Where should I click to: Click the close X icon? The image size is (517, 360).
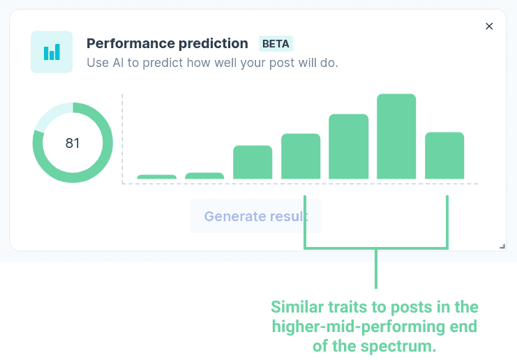pos(489,26)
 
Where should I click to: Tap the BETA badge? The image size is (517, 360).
pos(276,43)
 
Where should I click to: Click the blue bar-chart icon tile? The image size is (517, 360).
pos(52,52)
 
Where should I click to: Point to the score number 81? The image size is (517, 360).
pos(73,143)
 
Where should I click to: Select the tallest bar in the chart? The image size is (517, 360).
pos(396,137)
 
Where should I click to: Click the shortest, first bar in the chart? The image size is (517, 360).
pos(156,177)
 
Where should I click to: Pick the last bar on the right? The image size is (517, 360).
pos(444,156)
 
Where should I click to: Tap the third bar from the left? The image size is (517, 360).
pos(253,162)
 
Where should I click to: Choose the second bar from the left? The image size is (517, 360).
pos(204,176)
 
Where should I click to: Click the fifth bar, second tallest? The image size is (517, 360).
pos(349,147)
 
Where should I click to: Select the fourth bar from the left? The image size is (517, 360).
pos(301,156)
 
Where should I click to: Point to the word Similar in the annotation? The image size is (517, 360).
pos(297,307)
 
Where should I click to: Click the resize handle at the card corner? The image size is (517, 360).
pos(502,246)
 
